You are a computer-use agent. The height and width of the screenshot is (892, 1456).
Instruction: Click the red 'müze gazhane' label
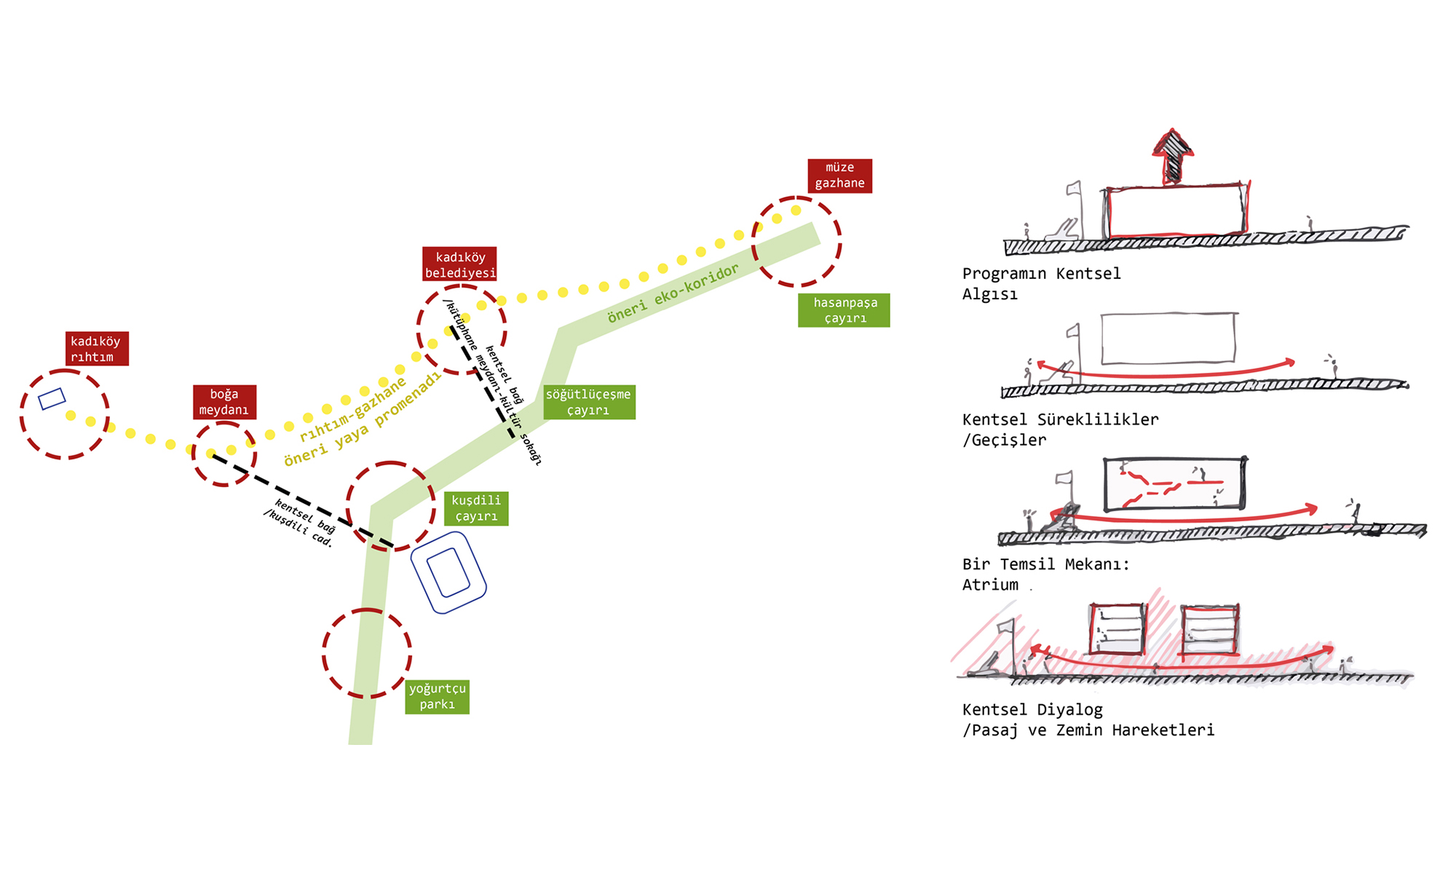(839, 175)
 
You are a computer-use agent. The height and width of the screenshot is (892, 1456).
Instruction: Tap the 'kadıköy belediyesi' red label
(459, 264)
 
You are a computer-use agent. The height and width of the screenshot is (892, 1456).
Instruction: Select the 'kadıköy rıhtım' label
(97, 349)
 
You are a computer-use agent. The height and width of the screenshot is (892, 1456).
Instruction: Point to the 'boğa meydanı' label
(224, 402)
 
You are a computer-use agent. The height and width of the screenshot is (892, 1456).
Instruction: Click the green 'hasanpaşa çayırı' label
(844, 310)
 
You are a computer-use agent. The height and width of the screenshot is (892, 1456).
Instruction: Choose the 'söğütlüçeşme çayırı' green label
(589, 402)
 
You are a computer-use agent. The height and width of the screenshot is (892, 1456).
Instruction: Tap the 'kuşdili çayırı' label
(476, 508)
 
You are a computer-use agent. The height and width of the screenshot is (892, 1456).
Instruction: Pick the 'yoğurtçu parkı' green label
(437, 696)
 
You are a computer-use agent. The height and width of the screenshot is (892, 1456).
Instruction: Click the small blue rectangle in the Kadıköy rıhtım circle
(52, 398)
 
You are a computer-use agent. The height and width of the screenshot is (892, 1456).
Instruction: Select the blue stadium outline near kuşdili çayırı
(448, 572)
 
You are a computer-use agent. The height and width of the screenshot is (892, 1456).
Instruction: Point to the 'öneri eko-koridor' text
(673, 293)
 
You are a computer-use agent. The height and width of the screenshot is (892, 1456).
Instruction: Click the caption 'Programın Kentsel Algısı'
(1041, 283)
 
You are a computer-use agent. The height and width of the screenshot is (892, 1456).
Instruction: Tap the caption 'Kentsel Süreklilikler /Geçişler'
(1059, 429)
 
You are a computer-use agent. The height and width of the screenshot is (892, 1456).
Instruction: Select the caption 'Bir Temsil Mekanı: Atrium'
(1045, 574)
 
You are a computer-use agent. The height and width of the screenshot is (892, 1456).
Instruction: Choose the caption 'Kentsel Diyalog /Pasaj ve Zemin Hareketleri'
(1088, 719)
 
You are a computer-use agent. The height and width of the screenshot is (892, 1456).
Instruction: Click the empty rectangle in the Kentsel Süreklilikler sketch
(1168, 338)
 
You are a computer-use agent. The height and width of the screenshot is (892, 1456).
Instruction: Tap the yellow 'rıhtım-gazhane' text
(353, 409)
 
